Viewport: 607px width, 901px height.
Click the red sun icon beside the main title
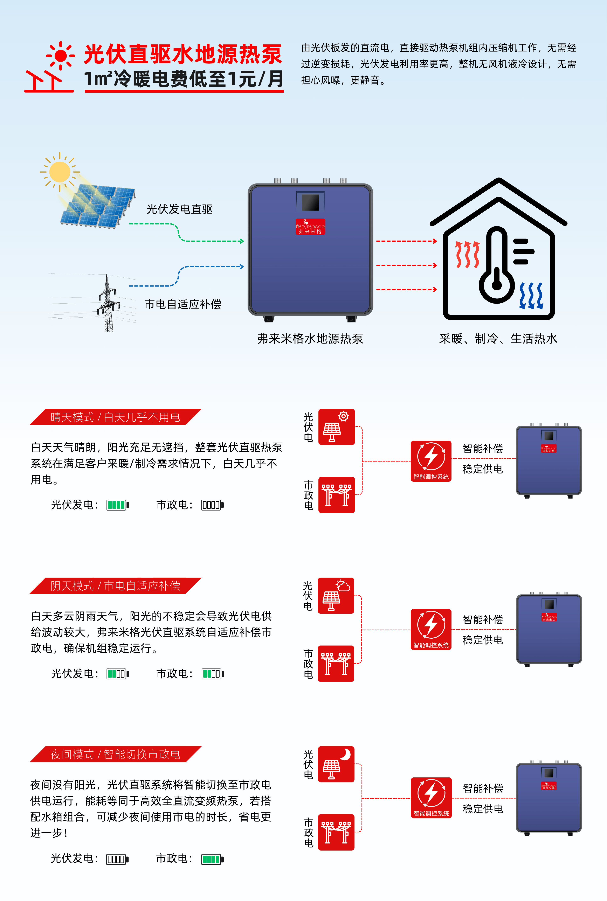point(60,56)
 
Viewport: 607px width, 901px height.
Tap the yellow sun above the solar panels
point(60,172)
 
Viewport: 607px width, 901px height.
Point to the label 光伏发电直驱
point(180,209)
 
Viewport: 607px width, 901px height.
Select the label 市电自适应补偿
point(183,304)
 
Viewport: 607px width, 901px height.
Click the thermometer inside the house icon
point(497,267)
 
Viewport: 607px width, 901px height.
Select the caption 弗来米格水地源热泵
point(310,339)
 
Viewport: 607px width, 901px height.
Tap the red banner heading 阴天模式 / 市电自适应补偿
point(115,585)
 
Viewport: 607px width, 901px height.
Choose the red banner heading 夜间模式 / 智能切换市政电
point(115,754)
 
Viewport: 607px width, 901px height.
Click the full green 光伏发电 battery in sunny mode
point(117,505)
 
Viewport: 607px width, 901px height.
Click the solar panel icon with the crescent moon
point(336,764)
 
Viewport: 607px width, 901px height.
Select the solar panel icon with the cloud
point(336,596)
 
